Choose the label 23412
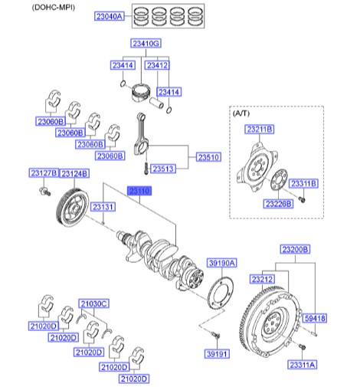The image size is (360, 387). pos(158,66)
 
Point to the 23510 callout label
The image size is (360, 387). pos(208,157)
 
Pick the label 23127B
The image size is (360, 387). pos(42,173)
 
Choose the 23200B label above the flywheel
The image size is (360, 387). pos(295,250)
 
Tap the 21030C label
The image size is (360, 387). pos(95,304)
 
